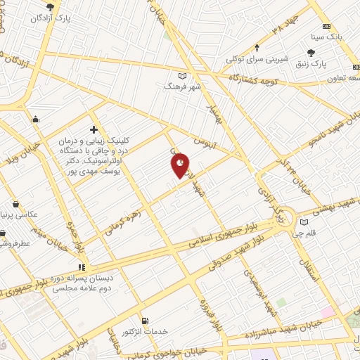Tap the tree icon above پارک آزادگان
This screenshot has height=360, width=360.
pyautogui.click(x=50, y=7)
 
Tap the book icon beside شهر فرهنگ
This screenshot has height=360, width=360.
pyautogui.click(x=183, y=76)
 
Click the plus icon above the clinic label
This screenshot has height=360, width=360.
pyautogui.click(x=94, y=129)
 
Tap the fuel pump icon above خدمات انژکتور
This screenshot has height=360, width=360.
pyautogui.click(x=145, y=321)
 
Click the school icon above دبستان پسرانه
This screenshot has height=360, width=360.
pyautogui.click(x=82, y=267)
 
